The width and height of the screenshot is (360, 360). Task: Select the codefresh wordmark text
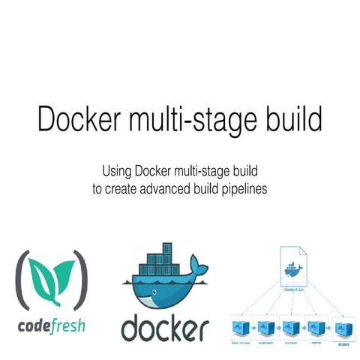(x=51, y=326)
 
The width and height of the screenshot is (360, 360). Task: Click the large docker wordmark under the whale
(x=164, y=328)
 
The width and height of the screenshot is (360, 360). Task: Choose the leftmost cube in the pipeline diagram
(x=239, y=327)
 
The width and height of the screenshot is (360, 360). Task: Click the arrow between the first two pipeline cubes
(x=253, y=327)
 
